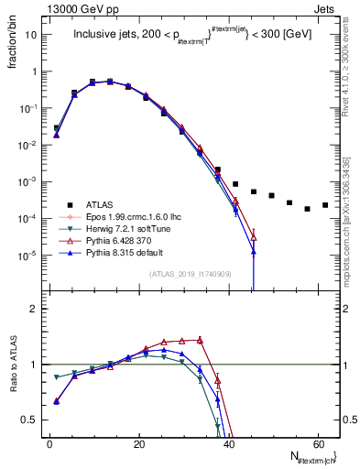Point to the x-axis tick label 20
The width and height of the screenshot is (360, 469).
point(138,443)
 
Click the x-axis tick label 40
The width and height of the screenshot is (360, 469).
point(228,443)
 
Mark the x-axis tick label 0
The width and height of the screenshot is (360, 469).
point(49,443)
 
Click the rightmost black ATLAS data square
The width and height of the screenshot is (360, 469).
point(325,205)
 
